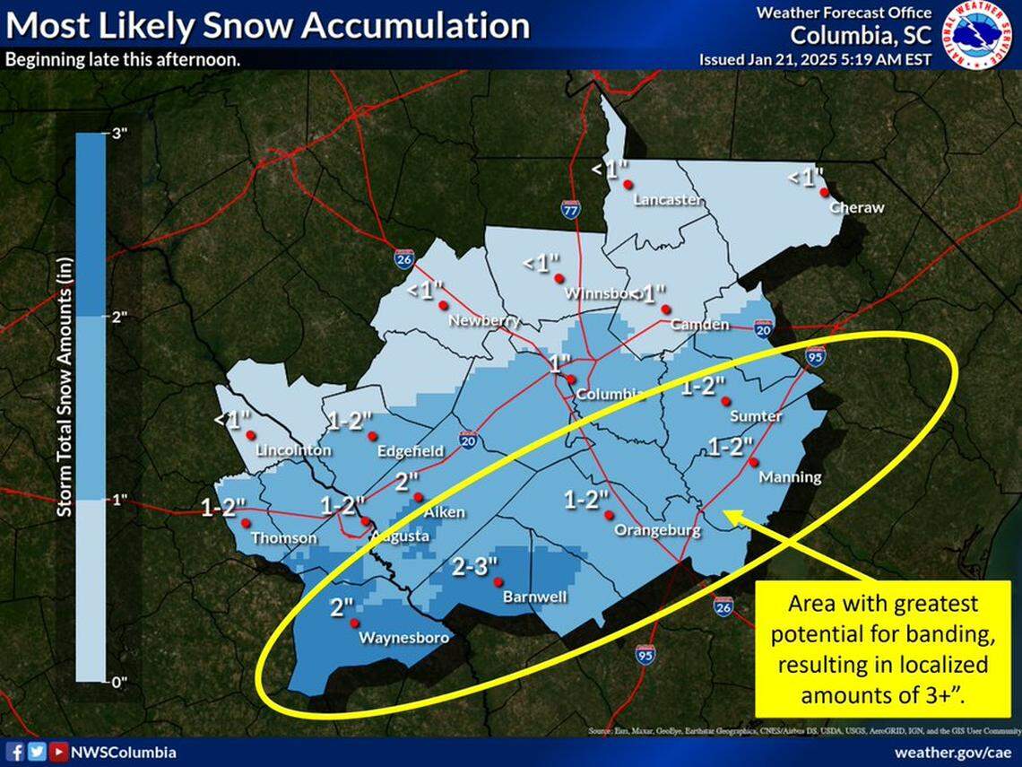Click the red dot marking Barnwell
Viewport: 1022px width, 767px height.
coord(499,580)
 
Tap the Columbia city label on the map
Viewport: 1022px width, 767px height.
coord(609,395)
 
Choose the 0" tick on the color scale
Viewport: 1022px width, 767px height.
coord(118,682)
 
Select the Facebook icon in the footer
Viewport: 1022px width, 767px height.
coord(15,753)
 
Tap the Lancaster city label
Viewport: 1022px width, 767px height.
coord(667,200)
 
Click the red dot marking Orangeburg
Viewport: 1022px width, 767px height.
coord(609,515)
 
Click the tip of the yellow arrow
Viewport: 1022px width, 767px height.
coord(724,513)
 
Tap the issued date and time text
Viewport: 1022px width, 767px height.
coord(815,59)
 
